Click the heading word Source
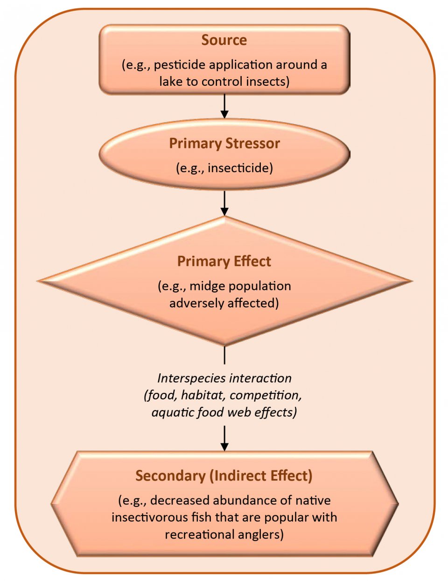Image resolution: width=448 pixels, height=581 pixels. point(224,40)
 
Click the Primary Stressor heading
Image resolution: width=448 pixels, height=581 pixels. point(224,143)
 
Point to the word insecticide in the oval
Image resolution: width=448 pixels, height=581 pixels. point(240,168)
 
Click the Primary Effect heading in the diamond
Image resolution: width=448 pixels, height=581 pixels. point(224,261)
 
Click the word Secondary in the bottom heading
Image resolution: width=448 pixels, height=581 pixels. point(170,476)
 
